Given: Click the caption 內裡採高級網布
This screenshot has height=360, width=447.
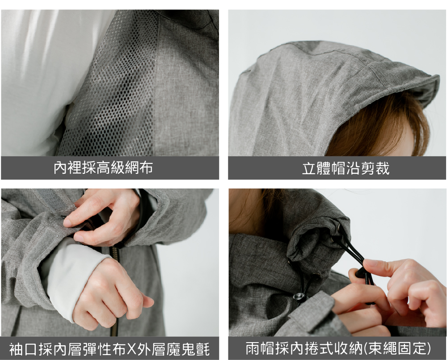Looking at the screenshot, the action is pos(103,167).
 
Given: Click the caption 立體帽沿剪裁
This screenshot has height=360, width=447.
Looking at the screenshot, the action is pos(346,168).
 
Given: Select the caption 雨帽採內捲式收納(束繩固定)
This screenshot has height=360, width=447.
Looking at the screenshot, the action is pos(338,348).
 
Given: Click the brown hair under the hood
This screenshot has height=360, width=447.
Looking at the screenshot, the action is pos(382,128).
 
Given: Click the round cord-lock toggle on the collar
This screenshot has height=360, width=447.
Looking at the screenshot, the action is pos(299,297).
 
